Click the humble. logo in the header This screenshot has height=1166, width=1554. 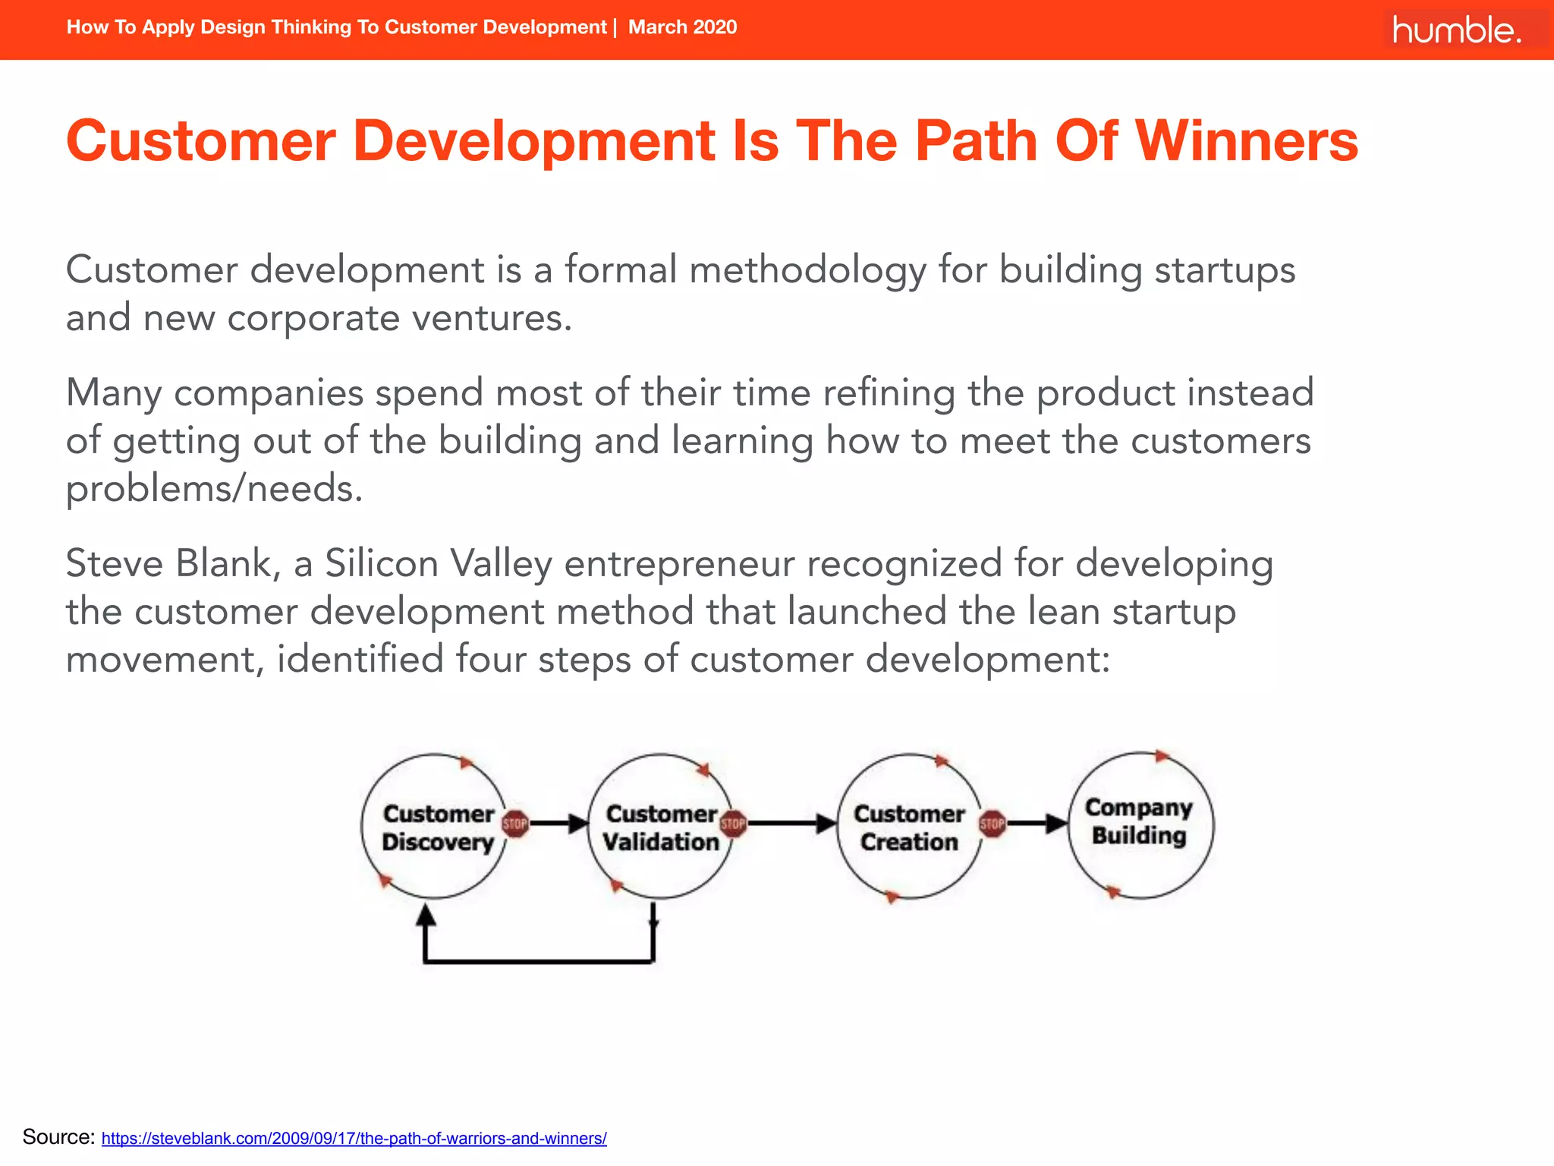pos(1456,30)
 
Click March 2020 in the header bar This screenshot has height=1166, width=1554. pos(682,27)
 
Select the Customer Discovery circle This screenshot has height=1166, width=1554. pos(436,827)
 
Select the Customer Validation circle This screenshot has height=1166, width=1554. pos(659,827)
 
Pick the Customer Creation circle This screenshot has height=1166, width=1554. pos(908,827)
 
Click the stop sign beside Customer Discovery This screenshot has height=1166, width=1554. pos(515,824)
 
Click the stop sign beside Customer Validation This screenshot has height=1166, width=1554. pos(733,824)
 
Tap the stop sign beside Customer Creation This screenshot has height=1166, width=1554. pos(992,824)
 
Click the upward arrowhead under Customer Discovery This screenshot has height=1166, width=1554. pos(426,915)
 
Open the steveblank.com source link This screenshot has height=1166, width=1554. pos(354,1139)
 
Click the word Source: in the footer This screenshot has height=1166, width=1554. pos(58,1137)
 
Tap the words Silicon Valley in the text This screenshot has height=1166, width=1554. pos(438,564)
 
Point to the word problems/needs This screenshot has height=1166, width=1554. pos(214,488)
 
